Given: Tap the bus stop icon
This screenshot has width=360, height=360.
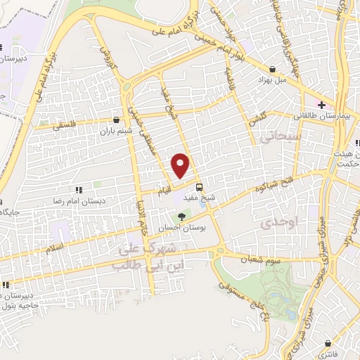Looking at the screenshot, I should pyautogui.click(x=200, y=188).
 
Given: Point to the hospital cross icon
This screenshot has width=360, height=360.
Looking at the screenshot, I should pyautogui.click(x=321, y=105).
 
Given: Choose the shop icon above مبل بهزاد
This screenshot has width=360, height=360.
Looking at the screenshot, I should pyautogui.click(x=272, y=70).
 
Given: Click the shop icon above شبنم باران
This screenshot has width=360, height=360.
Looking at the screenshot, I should pyautogui.click(x=117, y=120).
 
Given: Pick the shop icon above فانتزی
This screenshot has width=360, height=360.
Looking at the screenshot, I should pyautogui.click(x=330, y=332).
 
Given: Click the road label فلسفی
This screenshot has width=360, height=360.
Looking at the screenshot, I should pyautogui.click(x=67, y=126).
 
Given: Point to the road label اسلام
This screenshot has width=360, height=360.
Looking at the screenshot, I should pyautogui.click(x=54, y=247).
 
